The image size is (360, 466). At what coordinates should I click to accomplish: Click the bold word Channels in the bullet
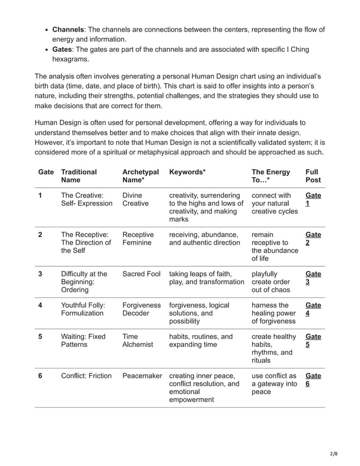pyautogui.click(x=69, y=30)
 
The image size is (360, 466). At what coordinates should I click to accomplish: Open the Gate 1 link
pyautogui.click(x=313, y=199)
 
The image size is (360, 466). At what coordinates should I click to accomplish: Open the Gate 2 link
pyautogui.click(x=313, y=238)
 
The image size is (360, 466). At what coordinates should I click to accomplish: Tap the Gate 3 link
pyautogui.click(x=313, y=278)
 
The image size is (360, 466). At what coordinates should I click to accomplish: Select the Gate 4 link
pyautogui.click(x=313, y=309)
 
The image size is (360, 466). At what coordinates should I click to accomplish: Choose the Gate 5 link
pyautogui.click(x=313, y=341)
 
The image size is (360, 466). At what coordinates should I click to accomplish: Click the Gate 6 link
pyautogui.click(x=313, y=380)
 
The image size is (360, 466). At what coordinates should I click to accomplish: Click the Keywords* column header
pyautogui.click(x=187, y=172)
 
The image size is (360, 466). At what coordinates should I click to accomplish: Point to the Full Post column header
pyautogui.click(x=313, y=175)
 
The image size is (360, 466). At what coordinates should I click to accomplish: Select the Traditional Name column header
pyautogui.click(x=79, y=175)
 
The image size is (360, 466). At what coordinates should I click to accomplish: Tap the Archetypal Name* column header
pyautogui.click(x=141, y=175)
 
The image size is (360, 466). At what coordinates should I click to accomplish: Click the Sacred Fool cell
pyautogui.click(x=141, y=274)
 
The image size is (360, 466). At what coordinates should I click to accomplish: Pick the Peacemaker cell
pyautogui.click(x=142, y=376)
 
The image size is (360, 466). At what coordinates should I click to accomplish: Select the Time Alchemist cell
pyautogui.click(x=138, y=341)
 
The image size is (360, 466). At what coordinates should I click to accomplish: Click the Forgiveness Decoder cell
pyautogui.click(x=142, y=309)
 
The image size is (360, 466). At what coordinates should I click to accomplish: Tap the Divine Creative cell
pyautogui.click(x=135, y=199)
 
